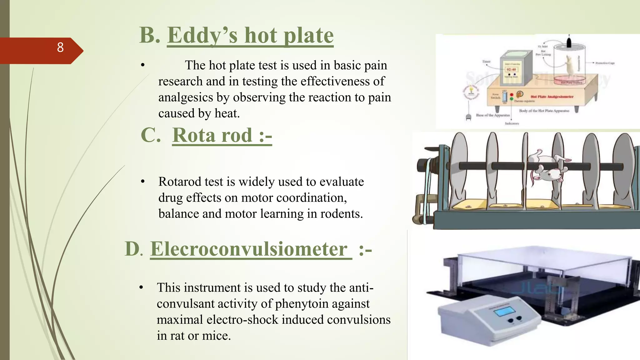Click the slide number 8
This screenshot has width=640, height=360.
click(x=60, y=47)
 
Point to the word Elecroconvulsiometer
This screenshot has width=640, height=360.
click(x=249, y=249)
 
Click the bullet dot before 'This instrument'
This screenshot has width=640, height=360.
click(x=141, y=287)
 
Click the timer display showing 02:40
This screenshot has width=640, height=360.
click(x=511, y=69)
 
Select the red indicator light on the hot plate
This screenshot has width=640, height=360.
click(x=512, y=95)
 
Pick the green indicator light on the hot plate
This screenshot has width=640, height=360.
click(x=512, y=99)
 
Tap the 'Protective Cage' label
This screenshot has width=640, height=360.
click(x=605, y=63)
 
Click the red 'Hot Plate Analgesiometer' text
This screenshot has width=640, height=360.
click(x=552, y=97)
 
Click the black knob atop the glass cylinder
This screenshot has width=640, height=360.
click(x=569, y=42)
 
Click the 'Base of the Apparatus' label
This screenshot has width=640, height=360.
click(x=493, y=115)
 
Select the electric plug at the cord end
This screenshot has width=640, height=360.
click(x=468, y=117)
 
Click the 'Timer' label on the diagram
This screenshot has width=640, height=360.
click(x=486, y=62)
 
